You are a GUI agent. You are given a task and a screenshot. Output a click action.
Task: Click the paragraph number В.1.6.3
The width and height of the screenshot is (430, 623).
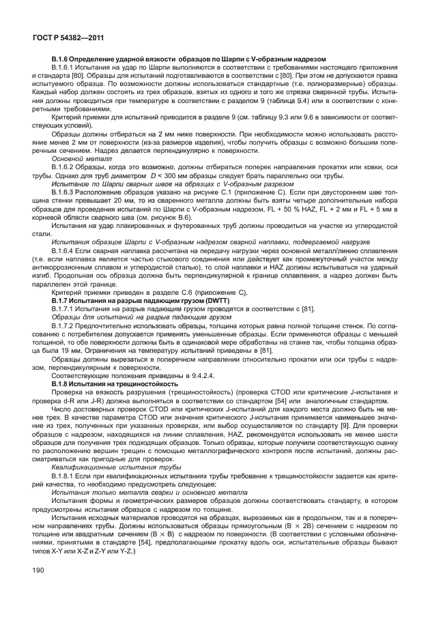pyautogui.click(x=64, y=192)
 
